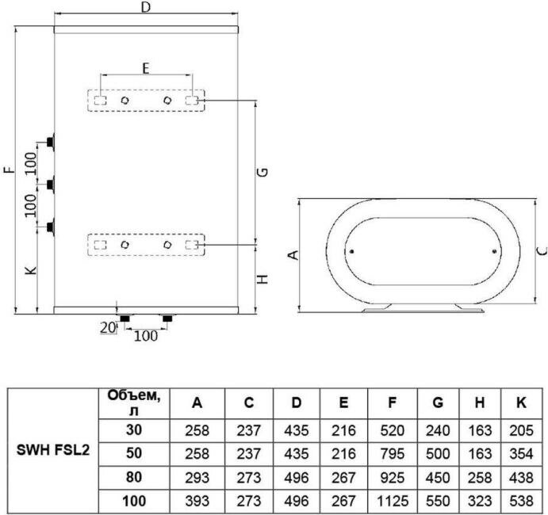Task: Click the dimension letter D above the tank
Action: pyautogui.click(x=145, y=8)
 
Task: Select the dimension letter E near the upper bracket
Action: pyautogui.click(x=145, y=68)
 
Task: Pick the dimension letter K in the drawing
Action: pyautogui.click(x=29, y=271)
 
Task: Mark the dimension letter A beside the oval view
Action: pyautogui.click(x=292, y=255)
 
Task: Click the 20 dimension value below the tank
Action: pyautogui.click(x=106, y=326)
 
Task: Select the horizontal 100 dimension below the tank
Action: pyautogui.click(x=145, y=335)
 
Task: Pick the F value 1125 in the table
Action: pyautogui.click(x=392, y=502)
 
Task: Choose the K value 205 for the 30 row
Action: pyautogui.click(x=521, y=430)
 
